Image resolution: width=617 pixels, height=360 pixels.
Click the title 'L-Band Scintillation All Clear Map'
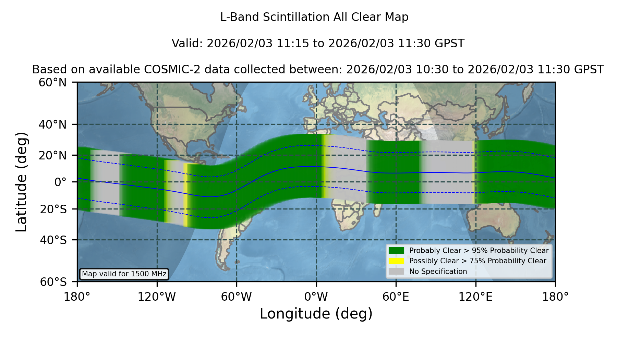tap(314, 17)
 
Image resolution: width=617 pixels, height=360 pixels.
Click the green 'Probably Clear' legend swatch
tap(396, 250)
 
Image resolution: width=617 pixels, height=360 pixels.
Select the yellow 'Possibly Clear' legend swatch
tap(396, 261)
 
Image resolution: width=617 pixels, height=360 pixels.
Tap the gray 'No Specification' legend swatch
tap(396, 272)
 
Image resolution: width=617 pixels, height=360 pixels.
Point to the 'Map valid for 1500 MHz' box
tap(124, 274)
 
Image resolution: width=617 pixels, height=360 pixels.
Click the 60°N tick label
tap(53, 83)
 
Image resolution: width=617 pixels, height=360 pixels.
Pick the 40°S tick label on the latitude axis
tap(53, 240)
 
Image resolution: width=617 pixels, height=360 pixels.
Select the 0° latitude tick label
tap(60, 182)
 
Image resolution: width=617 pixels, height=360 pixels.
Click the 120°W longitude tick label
tap(157, 297)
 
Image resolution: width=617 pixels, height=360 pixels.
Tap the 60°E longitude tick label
tap(396, 297)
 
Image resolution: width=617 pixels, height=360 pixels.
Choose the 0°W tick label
tap(316, 297)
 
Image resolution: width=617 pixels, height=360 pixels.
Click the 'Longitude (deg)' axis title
tap(316, 314)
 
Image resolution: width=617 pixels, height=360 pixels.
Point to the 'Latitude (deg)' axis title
tap(21, 182)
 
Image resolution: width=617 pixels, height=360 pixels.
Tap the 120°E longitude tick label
tap(475, 297)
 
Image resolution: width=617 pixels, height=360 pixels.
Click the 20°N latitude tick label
tap(53, 155)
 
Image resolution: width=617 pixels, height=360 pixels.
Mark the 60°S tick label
tap(53, 282)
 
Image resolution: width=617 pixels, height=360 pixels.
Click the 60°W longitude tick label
tap(237, 297)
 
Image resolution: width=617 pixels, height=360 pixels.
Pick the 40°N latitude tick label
tap(53, 124)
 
